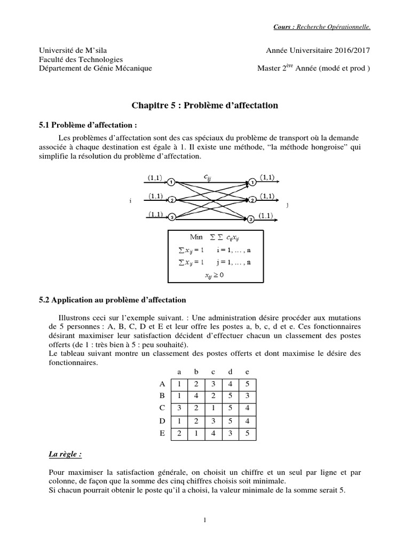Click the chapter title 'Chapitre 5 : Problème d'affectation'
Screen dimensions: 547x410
205,106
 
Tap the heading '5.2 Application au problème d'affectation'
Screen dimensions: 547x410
116,300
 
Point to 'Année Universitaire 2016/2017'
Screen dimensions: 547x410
318,50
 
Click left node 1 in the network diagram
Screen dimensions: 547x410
171,182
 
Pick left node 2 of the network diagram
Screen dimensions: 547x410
171,200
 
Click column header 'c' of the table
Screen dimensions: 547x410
213,371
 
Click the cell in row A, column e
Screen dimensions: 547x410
247,384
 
